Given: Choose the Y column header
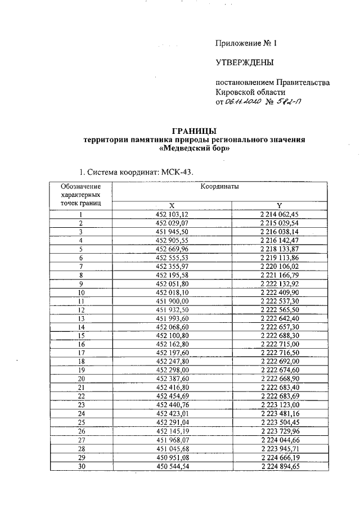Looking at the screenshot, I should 279,205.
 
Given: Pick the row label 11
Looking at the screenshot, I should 81,301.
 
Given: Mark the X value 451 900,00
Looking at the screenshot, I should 172,301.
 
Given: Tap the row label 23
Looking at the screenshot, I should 81,404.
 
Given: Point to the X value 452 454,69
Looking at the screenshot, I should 172,395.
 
